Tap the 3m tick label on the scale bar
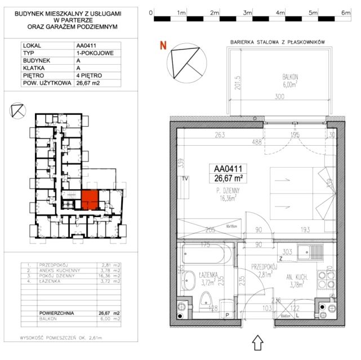(247, 12)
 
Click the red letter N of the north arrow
(163, 46)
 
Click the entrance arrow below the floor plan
(260, 343)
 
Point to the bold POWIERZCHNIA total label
(56, 313)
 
